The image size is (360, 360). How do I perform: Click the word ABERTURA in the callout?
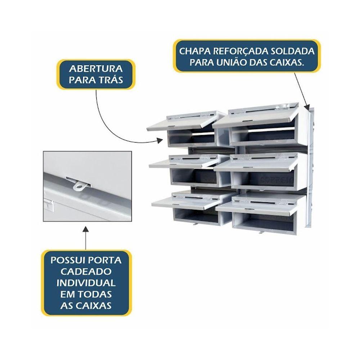pos(96,69)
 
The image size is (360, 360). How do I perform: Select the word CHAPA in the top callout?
pos(194,51)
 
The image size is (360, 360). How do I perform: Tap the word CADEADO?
pos(86,271)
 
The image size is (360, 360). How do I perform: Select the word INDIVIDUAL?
pos(86,283)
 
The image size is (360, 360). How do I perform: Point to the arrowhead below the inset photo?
pos(86,229)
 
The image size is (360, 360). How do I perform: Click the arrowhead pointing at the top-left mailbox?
pos(160,140)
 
